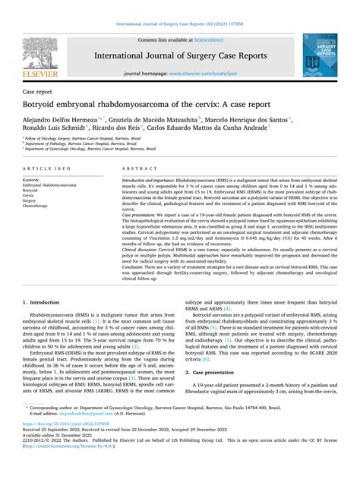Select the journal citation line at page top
[x=180, y=10]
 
